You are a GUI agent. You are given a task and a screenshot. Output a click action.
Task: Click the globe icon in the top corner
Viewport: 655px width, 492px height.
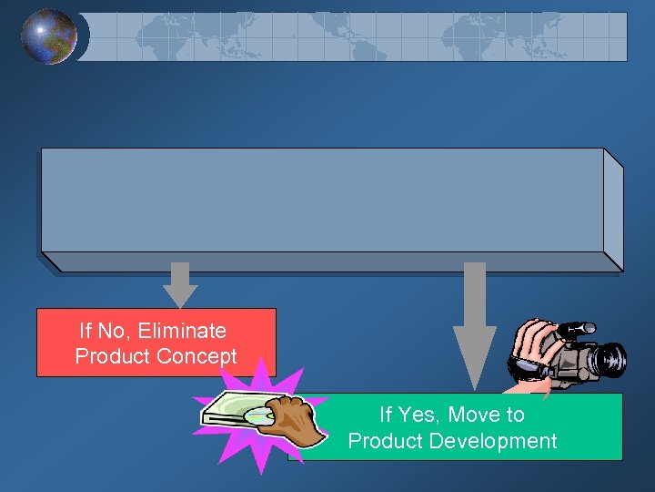tap(49, 36)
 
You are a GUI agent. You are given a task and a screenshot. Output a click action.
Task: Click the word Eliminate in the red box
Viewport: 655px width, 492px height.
tap(182, 330)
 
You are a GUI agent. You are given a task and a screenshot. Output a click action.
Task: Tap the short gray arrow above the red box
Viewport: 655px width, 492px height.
tap(180, 284)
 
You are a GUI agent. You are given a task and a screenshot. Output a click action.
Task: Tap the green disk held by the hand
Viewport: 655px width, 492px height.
tap(236, 415)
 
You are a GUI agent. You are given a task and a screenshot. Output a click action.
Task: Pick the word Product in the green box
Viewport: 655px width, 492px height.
tap(384, 441)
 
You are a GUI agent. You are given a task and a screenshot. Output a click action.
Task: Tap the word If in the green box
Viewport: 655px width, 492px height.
tap(386, 415)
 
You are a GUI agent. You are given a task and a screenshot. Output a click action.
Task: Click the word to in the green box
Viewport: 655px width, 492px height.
tap(515, 415)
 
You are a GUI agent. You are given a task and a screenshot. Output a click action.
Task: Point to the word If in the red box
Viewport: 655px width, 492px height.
tap(86, 330)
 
